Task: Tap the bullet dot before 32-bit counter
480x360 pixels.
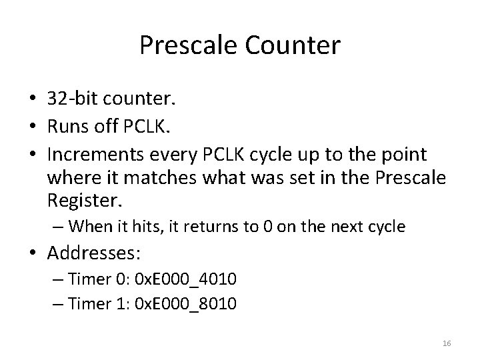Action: (x=33, y=101)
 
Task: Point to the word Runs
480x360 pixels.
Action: (x=67, y=127)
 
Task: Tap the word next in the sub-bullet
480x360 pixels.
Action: (x=335, y=227)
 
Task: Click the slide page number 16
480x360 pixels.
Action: (x=447, y=343)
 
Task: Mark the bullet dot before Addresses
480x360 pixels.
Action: (x=33, y=255)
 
